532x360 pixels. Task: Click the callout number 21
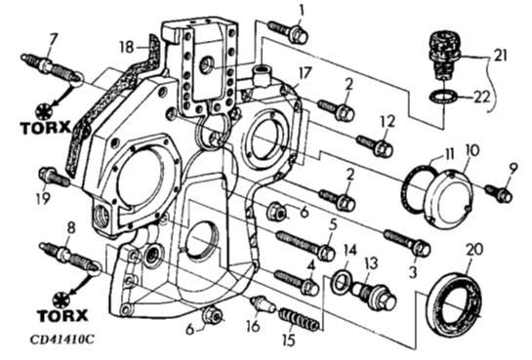click(x=500, y=56)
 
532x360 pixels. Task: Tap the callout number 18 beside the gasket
click(x=127, y=47)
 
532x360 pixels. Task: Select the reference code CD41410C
click(x=61, y=340)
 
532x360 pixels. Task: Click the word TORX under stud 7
click(x=46, y=128)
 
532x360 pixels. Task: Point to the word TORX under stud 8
click(x=62, y=315)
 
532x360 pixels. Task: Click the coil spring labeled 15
click(x=300, y=320)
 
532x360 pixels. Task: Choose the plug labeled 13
click(x=374, y=296)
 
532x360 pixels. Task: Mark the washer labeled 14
click(x=341, y=281)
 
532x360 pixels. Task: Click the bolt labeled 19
click(x=54, y=177)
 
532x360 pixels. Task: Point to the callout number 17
click(x=305, y=73)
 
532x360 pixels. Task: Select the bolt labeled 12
click(x=376, y=144)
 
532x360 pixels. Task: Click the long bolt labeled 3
click(x=407, y=242)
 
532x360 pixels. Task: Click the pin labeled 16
click(x=264, y=303)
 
